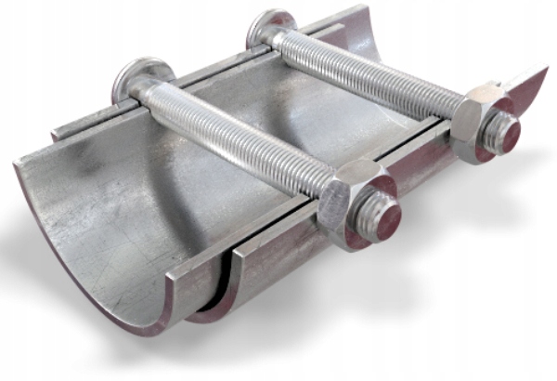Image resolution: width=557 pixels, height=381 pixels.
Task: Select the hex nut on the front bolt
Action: coord(351,190)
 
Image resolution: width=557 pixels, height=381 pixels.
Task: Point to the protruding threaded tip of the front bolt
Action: coord(380,220)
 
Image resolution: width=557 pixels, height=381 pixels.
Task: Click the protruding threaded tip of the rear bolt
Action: coord(503,135)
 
